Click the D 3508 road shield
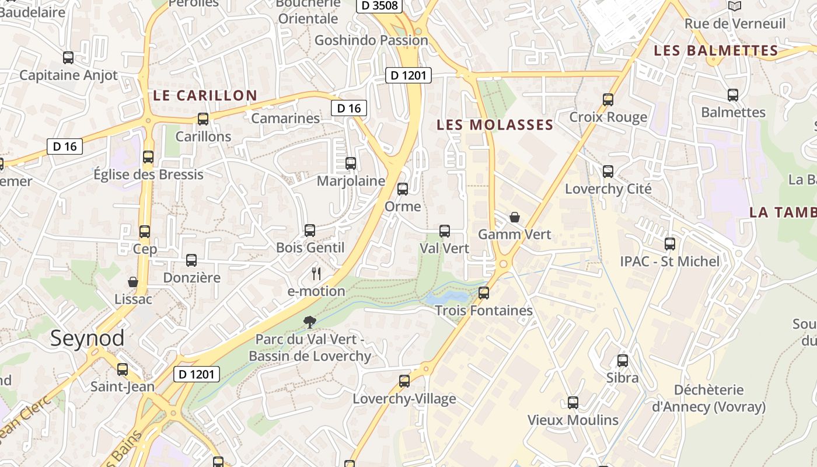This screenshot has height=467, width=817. click(379, 6)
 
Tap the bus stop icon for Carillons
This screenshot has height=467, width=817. click(203, 119)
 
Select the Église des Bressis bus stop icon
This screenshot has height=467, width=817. click(148, 157)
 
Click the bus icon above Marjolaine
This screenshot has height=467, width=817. click(351, 163)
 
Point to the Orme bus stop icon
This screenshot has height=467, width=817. click(403, 189)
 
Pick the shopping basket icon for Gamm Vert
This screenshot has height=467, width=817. click(515, 217)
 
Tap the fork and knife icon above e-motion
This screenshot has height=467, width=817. click(316, 273)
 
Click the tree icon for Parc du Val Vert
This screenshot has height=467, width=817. click(310, 322)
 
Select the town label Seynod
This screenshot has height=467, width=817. click(87, 338)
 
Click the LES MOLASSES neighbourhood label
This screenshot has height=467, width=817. click(495, 124)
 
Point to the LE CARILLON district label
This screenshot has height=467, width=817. click(205, 95)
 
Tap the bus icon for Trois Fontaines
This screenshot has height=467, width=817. click(484, 293)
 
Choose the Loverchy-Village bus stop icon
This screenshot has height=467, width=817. click(404, 382)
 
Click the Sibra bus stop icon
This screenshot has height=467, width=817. click(623, 361)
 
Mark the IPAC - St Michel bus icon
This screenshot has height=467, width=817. click(670, 244)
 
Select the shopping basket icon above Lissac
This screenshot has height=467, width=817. click(133, 282)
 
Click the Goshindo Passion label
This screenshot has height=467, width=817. click(371, 40)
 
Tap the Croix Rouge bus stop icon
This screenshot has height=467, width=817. click(608, 100)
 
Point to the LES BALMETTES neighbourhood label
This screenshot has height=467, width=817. click(716, 51)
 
